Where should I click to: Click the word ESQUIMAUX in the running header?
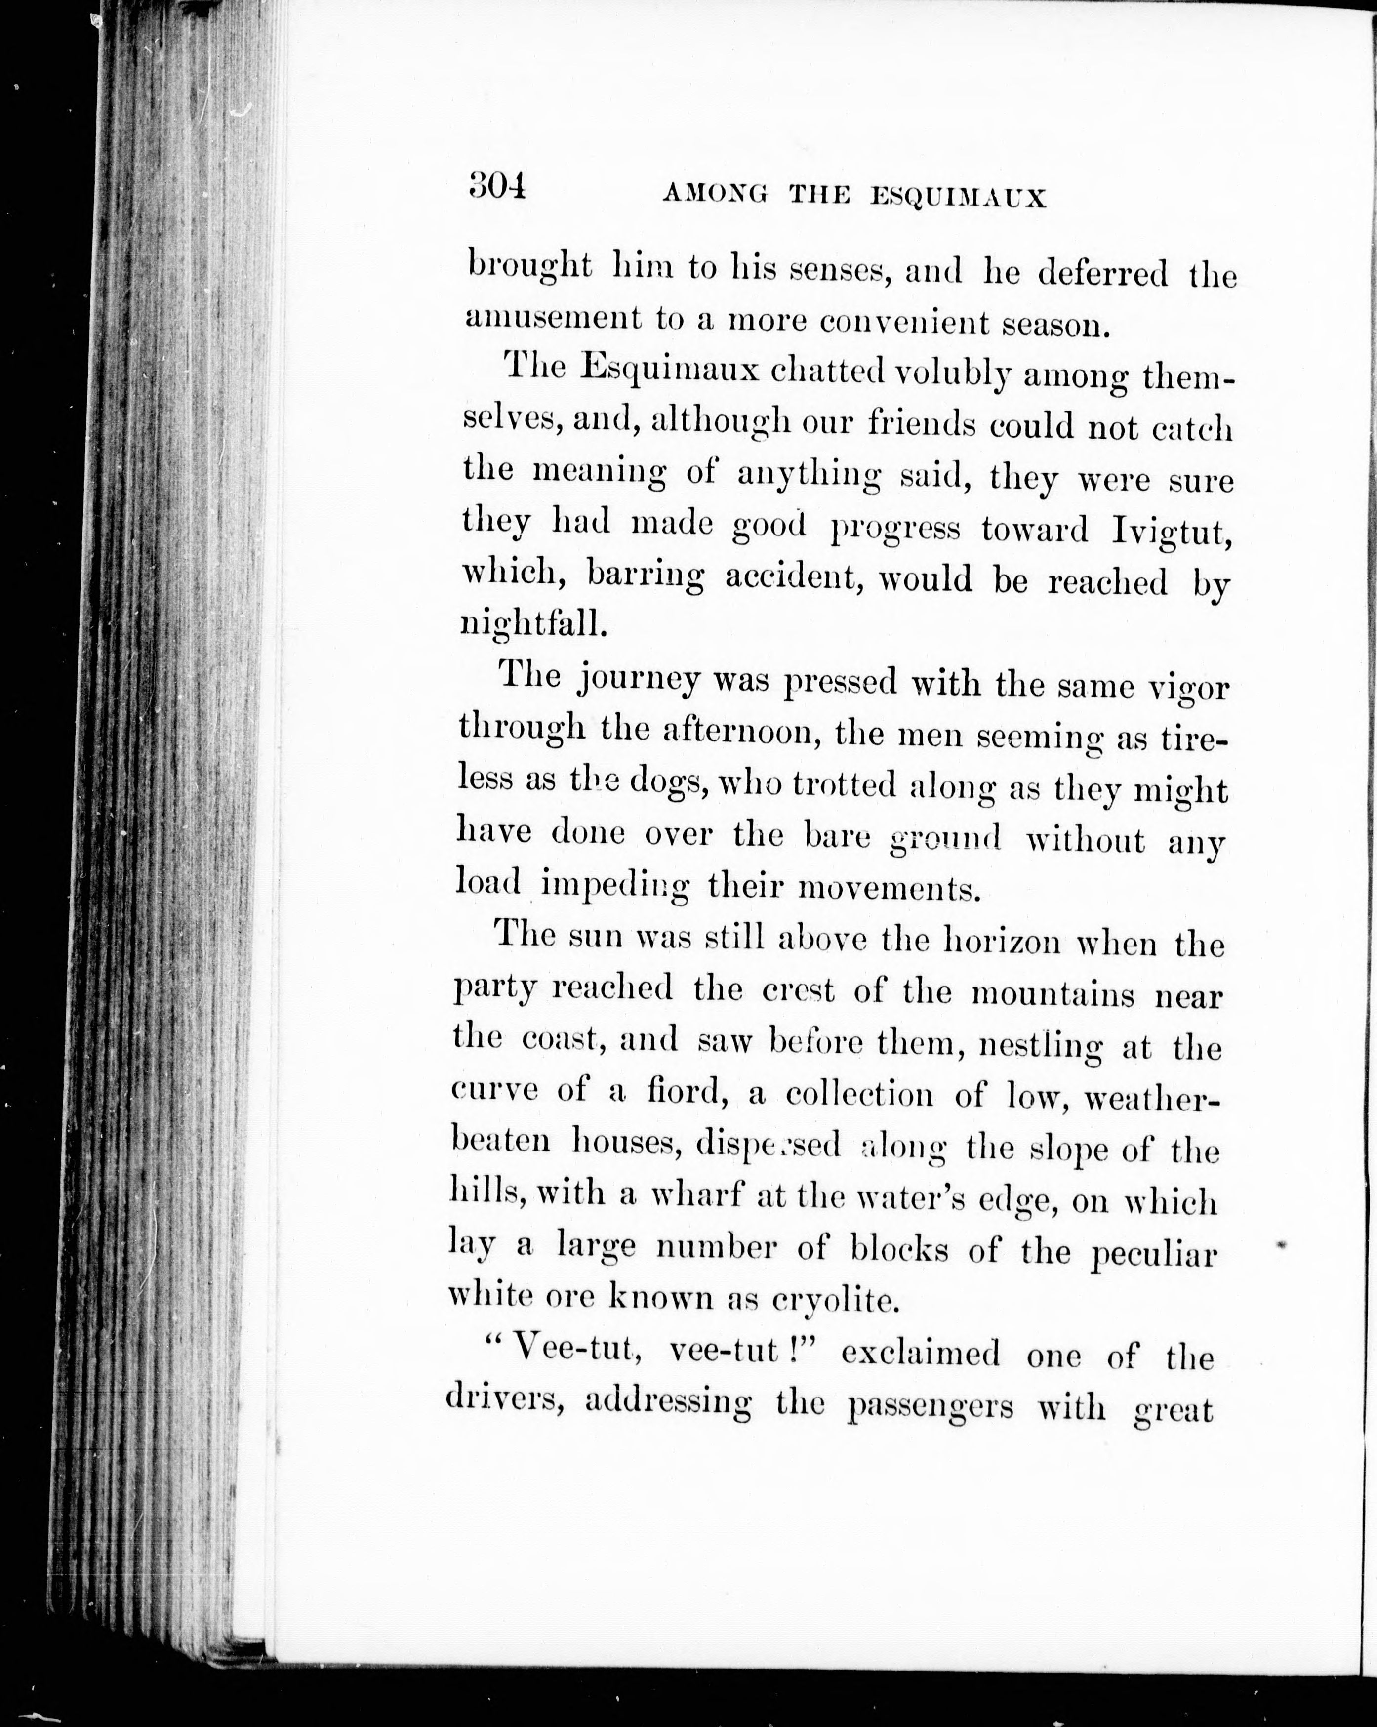[958, 197]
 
